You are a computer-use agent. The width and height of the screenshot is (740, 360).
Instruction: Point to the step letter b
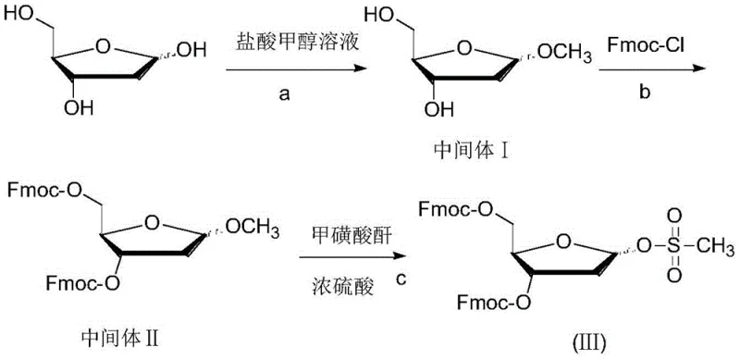tap(631, 80)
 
